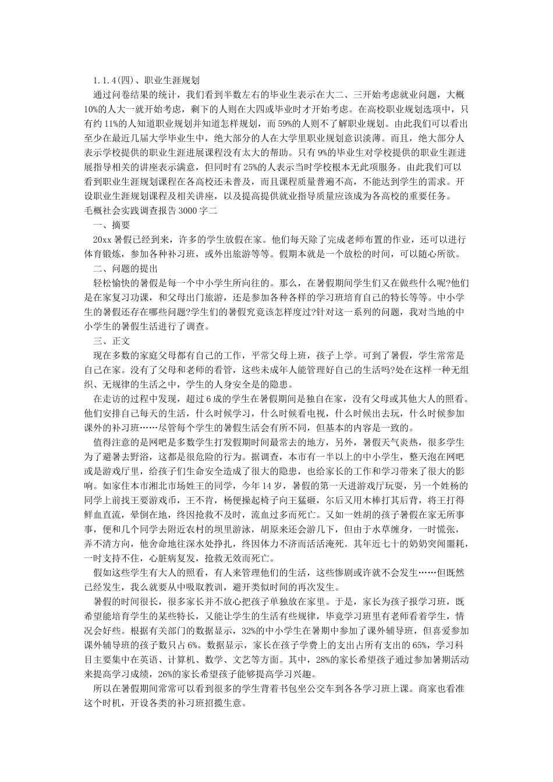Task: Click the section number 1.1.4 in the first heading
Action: (105, 80)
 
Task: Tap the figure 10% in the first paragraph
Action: (93, 108)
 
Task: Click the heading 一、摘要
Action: (111, 225)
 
